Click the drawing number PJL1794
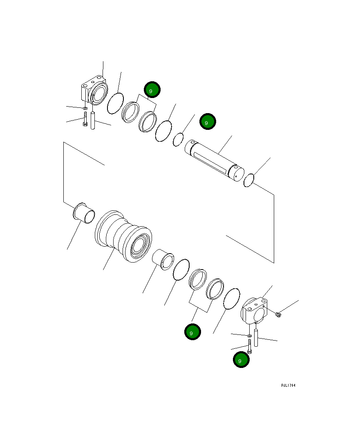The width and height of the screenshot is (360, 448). point(288,385)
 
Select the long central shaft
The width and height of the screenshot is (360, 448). point(215,159)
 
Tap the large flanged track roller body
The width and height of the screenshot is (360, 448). point(123,237)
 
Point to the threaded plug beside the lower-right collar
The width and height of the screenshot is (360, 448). point(278,314)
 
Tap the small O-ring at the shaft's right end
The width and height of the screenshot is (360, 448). point(249,180)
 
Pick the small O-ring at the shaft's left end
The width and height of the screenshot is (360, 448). point(178,139)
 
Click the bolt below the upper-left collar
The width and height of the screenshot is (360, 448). point(85,119)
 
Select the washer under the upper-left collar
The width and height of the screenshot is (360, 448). point(85,108)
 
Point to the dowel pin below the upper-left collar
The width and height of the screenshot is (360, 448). point(93,121)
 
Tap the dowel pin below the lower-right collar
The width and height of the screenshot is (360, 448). point(256,338)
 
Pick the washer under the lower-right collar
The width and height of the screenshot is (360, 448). point(249,336)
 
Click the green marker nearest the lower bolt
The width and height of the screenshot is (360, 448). point(241,360)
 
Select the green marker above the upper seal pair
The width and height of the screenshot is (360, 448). point(152,90)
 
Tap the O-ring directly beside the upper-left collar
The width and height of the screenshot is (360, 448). point(115,103)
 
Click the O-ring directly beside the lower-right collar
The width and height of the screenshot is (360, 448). point(231,299)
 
